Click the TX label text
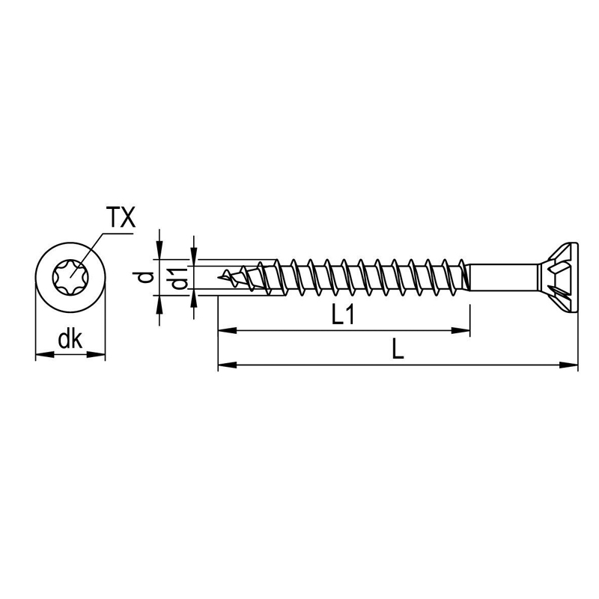(x=120, y=219)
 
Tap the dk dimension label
(x=70, y=341)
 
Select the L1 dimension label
(x=343, y=317)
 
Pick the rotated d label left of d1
(x=148, y=278)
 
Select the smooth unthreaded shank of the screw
(x=502, y=277)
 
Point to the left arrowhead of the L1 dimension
(x=223, y=329)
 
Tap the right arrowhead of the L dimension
(x=573, y=365)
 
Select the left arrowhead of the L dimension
(x=223, y=365)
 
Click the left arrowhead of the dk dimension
(x=42, y=354)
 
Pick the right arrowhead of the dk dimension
(x=100, y=354)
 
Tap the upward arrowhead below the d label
(x=159, y=301)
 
